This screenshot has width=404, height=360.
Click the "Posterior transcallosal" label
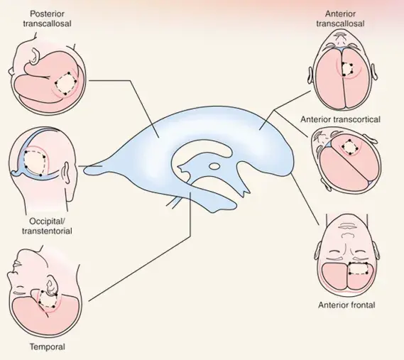pos(47,18)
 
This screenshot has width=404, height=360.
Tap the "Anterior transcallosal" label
pos(340,18)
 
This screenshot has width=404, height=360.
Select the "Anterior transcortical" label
pos(340,119)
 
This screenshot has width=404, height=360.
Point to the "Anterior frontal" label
pos(346,305)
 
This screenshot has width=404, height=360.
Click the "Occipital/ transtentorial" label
pos(47,226)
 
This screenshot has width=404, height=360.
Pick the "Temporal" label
pos(48,347)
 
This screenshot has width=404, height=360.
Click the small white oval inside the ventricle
pos(214,166)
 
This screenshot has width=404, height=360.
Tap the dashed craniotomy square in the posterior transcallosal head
pos(66,83)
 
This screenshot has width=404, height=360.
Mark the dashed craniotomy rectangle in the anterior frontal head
pos(358,269)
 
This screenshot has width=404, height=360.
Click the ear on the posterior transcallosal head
pos(35,55)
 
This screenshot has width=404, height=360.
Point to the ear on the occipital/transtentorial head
pos(67,173)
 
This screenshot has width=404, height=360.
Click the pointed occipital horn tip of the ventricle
pos(84,169)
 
